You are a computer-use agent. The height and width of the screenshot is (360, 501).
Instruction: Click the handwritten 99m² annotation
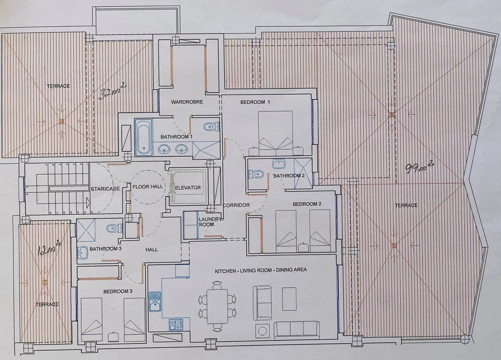(420, 167)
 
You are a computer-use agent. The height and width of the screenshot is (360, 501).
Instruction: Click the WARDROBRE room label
(187, 102)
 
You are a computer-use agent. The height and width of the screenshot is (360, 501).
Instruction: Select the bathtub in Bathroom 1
(144, 137)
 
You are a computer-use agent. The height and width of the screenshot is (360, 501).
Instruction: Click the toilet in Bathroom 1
(211, 127)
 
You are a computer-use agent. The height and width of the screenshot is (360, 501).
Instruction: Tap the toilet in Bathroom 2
(256, 174)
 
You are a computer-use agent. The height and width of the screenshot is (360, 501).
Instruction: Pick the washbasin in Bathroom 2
(279, 164)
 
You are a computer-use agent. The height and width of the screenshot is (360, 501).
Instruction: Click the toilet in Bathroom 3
(114, 228)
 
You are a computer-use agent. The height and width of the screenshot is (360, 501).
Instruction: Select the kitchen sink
(155, 301)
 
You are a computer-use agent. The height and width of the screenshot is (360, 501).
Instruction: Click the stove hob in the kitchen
(176, 325)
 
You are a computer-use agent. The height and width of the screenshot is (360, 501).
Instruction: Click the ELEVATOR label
(188, 188)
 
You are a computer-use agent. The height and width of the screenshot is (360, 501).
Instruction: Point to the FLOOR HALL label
(148, 186)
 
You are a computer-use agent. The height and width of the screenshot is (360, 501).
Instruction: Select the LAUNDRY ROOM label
(209, 222)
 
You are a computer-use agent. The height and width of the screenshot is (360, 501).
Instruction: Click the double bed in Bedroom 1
(275, 133)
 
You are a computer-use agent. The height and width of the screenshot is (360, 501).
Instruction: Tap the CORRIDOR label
(236, 205)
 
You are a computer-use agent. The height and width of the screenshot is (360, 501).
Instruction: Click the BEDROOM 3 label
(118, 292)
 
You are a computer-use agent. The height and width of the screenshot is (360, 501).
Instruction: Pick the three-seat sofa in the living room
(296, 330)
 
